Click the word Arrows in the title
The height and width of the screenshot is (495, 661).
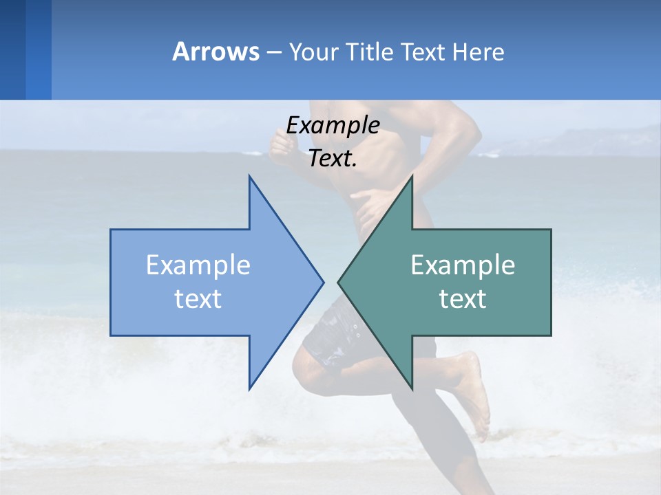(216, 52)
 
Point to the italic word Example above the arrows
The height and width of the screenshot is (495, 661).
(333, 125)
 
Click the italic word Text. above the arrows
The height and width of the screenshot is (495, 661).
(333, 159)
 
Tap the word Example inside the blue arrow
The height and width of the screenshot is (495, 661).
(198, 265)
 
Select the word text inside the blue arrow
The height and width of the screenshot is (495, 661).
(198, 299)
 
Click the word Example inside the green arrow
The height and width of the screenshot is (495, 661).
(463, 265)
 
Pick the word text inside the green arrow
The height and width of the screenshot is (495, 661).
(463, 299)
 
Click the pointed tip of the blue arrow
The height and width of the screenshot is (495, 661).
(322, 282)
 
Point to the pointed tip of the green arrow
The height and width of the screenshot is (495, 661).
(339, 282)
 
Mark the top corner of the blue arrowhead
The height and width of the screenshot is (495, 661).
(250, 177)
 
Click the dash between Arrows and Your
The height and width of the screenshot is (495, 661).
(273, 52)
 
